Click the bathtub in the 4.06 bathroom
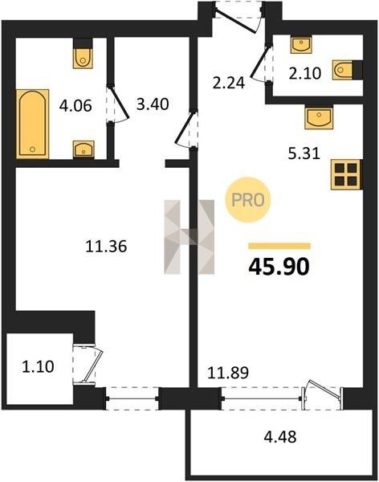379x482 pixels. (x=32, y=124)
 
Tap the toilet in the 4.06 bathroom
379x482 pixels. (x=83, y=54)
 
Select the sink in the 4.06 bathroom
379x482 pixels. (x=84, y=149)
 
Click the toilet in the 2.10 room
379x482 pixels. (x=347, y=69)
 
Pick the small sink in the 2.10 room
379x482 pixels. (x=302, y=43)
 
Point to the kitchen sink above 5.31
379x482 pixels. (x=319, y=117)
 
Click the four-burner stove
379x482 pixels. (x=347, y=174)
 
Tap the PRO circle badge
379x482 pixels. (x=248, y=200)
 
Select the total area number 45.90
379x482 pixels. (x=279, y=267)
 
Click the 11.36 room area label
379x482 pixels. (x=106, y=247)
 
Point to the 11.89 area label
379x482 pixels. (x=228, y=373)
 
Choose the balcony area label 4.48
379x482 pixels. (x=280, y=437)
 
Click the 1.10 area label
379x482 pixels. (x=38, y=367)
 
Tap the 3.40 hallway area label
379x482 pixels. (x=153, y=104)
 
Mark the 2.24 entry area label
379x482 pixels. (x=229, y=83)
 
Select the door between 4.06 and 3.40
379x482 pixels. (x=118, y=104)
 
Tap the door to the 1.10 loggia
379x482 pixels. (x=88, y=365)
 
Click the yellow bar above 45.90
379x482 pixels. (x=279, y=246)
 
